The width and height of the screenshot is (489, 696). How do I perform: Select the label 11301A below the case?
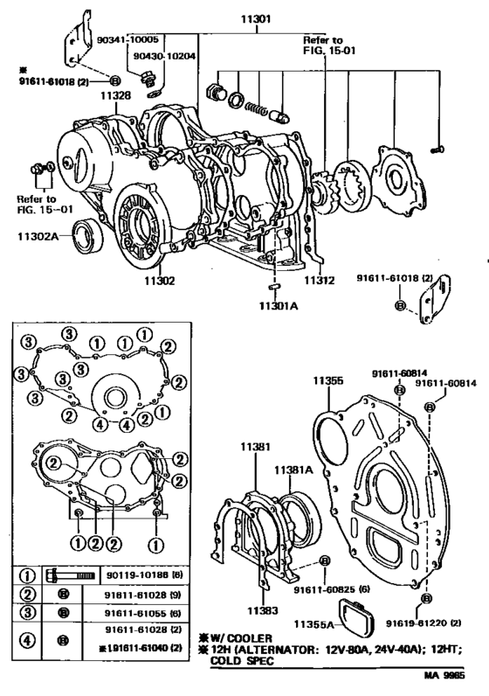pos(278,306)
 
